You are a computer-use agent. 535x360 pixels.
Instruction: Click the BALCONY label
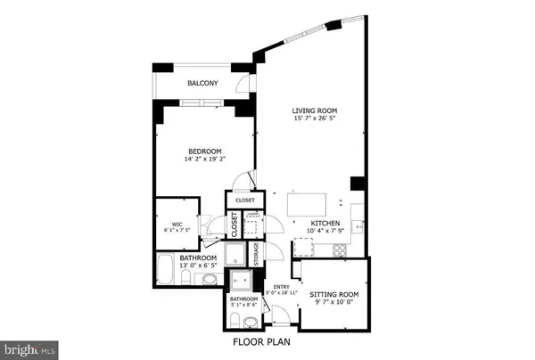tap(203, 85)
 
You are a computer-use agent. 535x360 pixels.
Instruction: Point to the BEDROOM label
tap(204, 151)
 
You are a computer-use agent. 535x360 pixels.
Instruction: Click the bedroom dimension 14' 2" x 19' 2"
tap(204, 160)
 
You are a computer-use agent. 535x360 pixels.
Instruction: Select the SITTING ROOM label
tap(333, 293)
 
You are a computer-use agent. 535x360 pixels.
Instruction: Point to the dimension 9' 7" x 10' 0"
tap(333, 302)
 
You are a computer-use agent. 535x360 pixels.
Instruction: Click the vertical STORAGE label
tap(256, 254)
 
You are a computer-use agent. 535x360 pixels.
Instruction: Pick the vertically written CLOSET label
tap(235, 225)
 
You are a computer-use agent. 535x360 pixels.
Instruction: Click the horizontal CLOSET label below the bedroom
tap(245, 200)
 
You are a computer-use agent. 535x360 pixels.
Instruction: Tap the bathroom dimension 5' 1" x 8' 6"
tap(244, 305)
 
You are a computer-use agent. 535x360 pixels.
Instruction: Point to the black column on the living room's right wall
tap(358, 184)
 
